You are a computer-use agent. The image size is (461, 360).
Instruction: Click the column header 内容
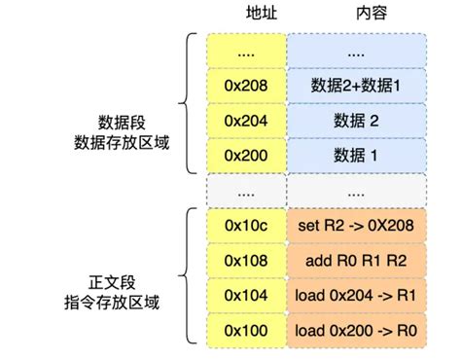pyautogui.click(x=356, y=17)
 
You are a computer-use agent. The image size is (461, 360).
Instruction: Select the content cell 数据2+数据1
pyautogui.click(x=356, y=85)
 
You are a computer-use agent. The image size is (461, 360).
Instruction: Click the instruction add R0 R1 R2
pyautogui.click(x=356, y=260)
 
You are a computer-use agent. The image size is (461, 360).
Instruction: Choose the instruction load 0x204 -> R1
pyautogui.click(x=356, y=294)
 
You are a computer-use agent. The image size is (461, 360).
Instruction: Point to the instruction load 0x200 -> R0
pyautogui.click(x=356, y=329)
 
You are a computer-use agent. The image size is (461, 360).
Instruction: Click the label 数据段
pyautogui.click(x=122, y=122)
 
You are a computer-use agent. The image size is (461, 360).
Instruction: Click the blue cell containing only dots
pyautogui.click(x=356, y=51)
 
